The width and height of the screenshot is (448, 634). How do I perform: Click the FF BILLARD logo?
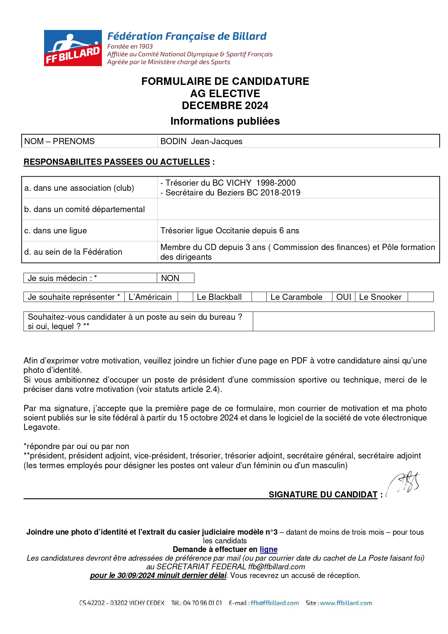coord(73,48)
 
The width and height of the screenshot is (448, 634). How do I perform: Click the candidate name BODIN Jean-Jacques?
coord(201,141)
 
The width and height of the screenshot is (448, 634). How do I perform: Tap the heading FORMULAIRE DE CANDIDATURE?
coord(225,81)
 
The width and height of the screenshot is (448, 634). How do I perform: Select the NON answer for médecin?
coord(170,278)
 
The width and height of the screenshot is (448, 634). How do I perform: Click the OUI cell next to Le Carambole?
coord(344,297)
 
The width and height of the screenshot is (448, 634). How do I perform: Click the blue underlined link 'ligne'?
coord(268,549)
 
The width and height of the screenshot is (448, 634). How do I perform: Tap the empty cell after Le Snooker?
coord(420,297)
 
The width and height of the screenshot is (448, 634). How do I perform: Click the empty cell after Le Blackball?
coord(259,297)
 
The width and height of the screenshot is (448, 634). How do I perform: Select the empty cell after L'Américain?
coord(185,297)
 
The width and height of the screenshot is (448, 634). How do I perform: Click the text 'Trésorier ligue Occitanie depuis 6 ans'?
coord(230,230)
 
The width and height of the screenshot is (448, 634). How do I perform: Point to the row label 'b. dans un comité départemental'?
coord(85,209)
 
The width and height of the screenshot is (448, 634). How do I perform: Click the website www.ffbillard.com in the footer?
coord(346,603)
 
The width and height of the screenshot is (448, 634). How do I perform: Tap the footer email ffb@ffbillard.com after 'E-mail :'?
coord(275,603)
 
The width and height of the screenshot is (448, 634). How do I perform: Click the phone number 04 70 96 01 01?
coord(202,603)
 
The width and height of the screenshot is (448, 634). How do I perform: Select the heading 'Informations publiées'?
coord(225,121)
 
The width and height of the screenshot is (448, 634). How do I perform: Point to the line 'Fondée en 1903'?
coord(130,46)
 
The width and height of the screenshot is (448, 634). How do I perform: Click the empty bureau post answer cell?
coord(343,322)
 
